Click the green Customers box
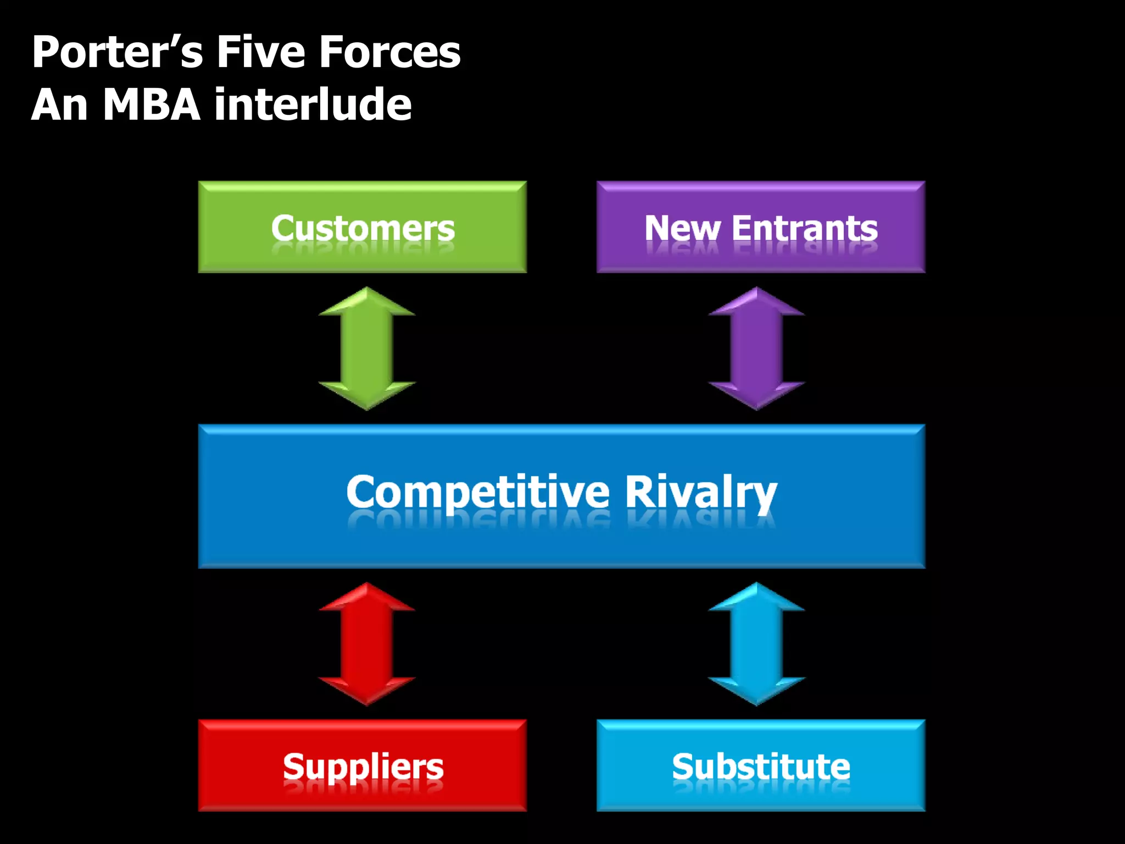click(x=362, y=226)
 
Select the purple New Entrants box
click(x=761, y=226)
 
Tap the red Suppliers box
click(x=362, y=765)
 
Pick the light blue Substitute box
click(x=761, y=765)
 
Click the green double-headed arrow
click(x=367, y=348)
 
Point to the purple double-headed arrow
click(x=756, y=348)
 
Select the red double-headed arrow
click(x=367, y=644)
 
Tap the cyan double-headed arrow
click(x=756, y=644)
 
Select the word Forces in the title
click(x=390, y=52)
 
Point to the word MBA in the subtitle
click(x=152, y=104)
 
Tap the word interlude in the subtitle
click(x=313, y=104)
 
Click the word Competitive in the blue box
click(x=478, y=492)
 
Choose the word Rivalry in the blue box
click(x=701, y=492)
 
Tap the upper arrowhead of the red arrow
click(x=367, y=599)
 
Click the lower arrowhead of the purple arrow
click(x=756, y=395)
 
